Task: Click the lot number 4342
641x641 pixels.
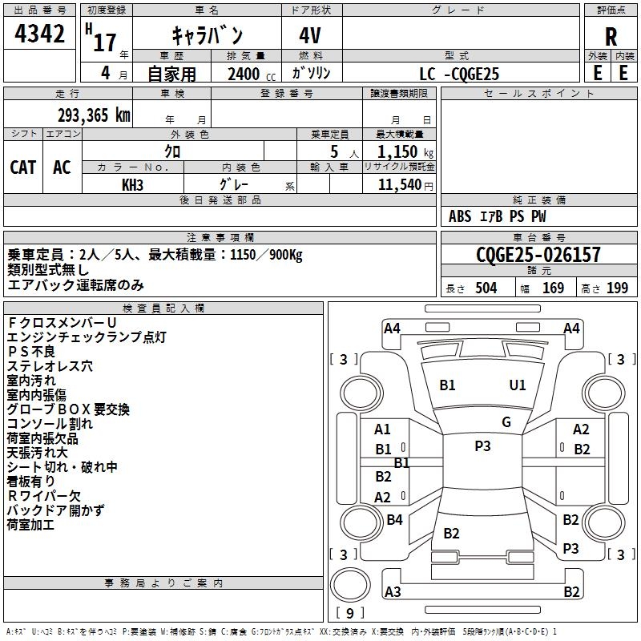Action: (x=40, y=35)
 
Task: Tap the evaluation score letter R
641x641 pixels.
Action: (x=611, y=36)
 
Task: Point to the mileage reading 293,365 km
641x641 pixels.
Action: (x=93, y=115)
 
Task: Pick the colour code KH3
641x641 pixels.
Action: (x=132, y=184)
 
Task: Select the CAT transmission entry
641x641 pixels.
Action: (x=23, y=167)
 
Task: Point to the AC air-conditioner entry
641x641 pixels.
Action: (x=62, y=167)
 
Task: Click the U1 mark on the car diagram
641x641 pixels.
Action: (x=518, y=385)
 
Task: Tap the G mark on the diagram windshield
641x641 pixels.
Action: (x=506, y=422)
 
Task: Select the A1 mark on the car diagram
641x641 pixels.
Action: (x=383, y=429)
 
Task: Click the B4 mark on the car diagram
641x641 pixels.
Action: (x=394, y=520)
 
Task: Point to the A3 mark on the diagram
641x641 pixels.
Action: (x=393, y=592)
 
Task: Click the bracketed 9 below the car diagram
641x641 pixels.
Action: (x=351, y=613)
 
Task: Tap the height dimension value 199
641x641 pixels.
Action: (x=617, y=288)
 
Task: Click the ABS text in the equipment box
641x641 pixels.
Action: (x=460, y=216)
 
